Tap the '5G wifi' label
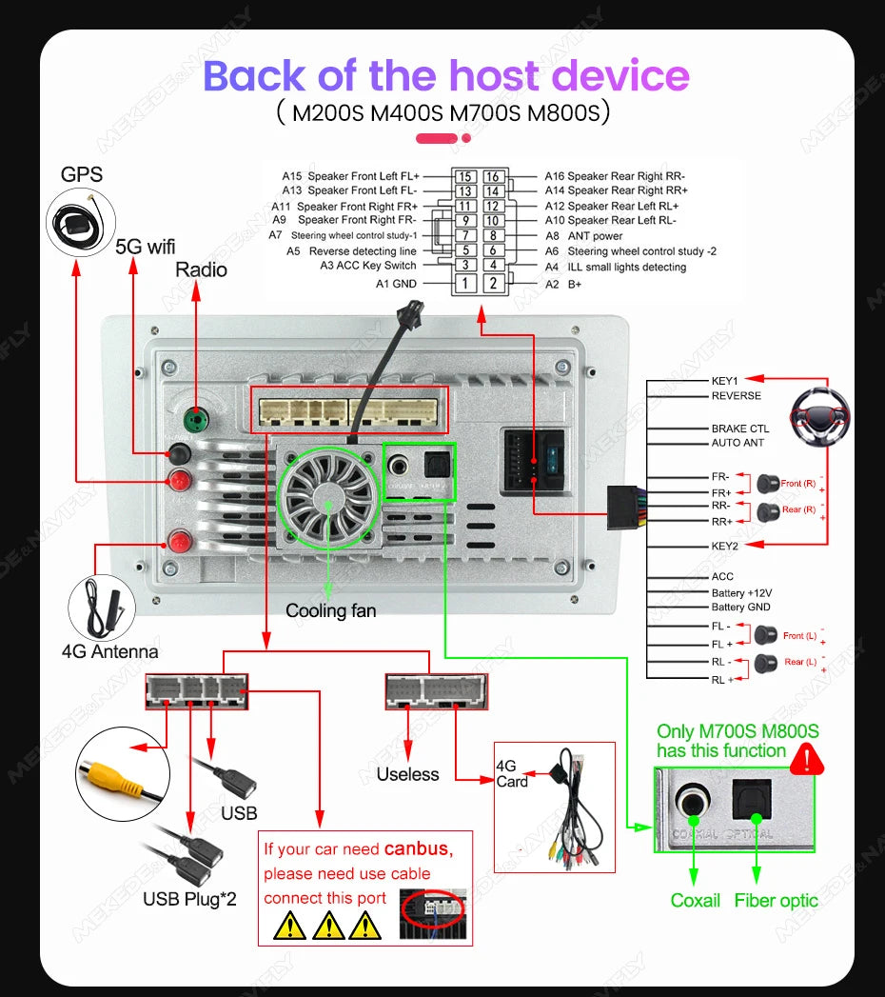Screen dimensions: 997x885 point(146,246)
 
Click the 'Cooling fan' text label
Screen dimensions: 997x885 point(330,610)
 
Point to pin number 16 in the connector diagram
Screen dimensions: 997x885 point(492,176)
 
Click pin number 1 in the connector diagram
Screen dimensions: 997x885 point(464,283)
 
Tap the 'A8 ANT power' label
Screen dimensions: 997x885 point(583,235)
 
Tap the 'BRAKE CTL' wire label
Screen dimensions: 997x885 point(740,429)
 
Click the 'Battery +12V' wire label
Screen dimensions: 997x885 point(741,592)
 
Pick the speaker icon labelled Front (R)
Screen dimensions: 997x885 point(768,484)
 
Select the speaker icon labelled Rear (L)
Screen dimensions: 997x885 point(767,662)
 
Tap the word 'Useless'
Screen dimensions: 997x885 point(407,774)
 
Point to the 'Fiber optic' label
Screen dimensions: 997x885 point(776,900)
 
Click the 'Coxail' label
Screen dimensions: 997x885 point(696,900)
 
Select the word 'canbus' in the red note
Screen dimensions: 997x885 point(416,847)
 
